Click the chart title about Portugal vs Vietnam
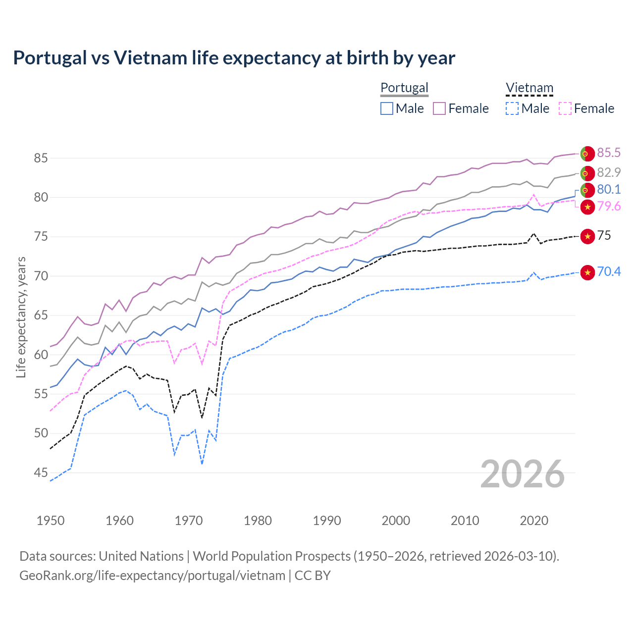click(234, 58)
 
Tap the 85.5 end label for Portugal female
click(609, 153)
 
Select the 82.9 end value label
click(609, 172)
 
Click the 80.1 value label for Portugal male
click(609, 189)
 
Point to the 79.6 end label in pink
click(609, 206)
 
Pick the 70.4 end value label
click(609, 271)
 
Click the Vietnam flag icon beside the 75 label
click(587, 236)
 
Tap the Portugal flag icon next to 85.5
click(587, 154)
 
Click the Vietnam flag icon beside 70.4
click(587, 272)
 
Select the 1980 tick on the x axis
click(258, 521)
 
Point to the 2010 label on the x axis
click(465, 521)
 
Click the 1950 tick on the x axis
click(51, 521)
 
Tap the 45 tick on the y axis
click(41, 473)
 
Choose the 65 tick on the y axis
click(41, 315)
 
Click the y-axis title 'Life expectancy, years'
click(21, 317)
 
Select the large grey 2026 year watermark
click(523, 474)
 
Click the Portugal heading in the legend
click(404, 88)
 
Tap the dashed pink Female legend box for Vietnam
click(565, 108)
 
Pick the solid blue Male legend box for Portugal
click(387, 108)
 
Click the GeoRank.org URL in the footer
click(152, 576)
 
